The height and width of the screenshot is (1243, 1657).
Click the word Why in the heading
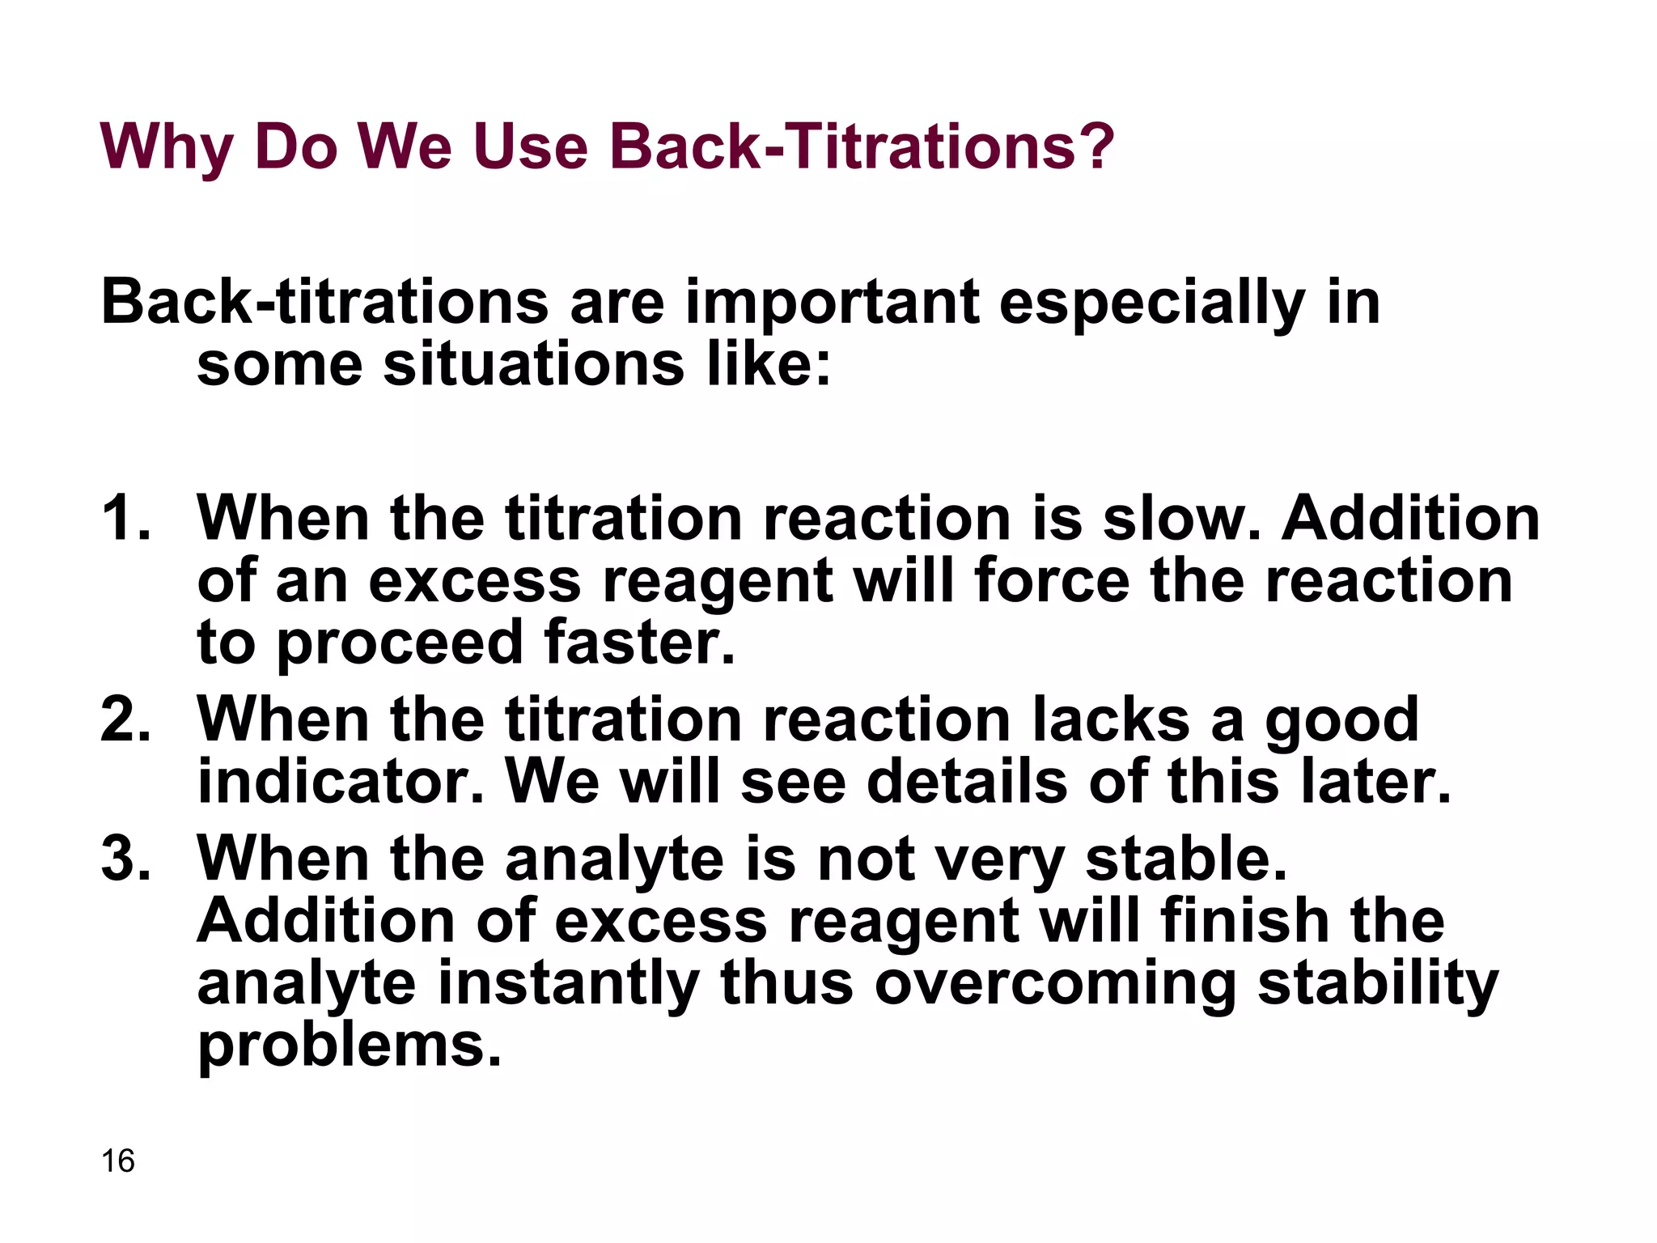tap(167, 148)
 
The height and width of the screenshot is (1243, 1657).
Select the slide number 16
tap(118, 1160)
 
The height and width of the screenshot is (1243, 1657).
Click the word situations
tap(533, 364)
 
